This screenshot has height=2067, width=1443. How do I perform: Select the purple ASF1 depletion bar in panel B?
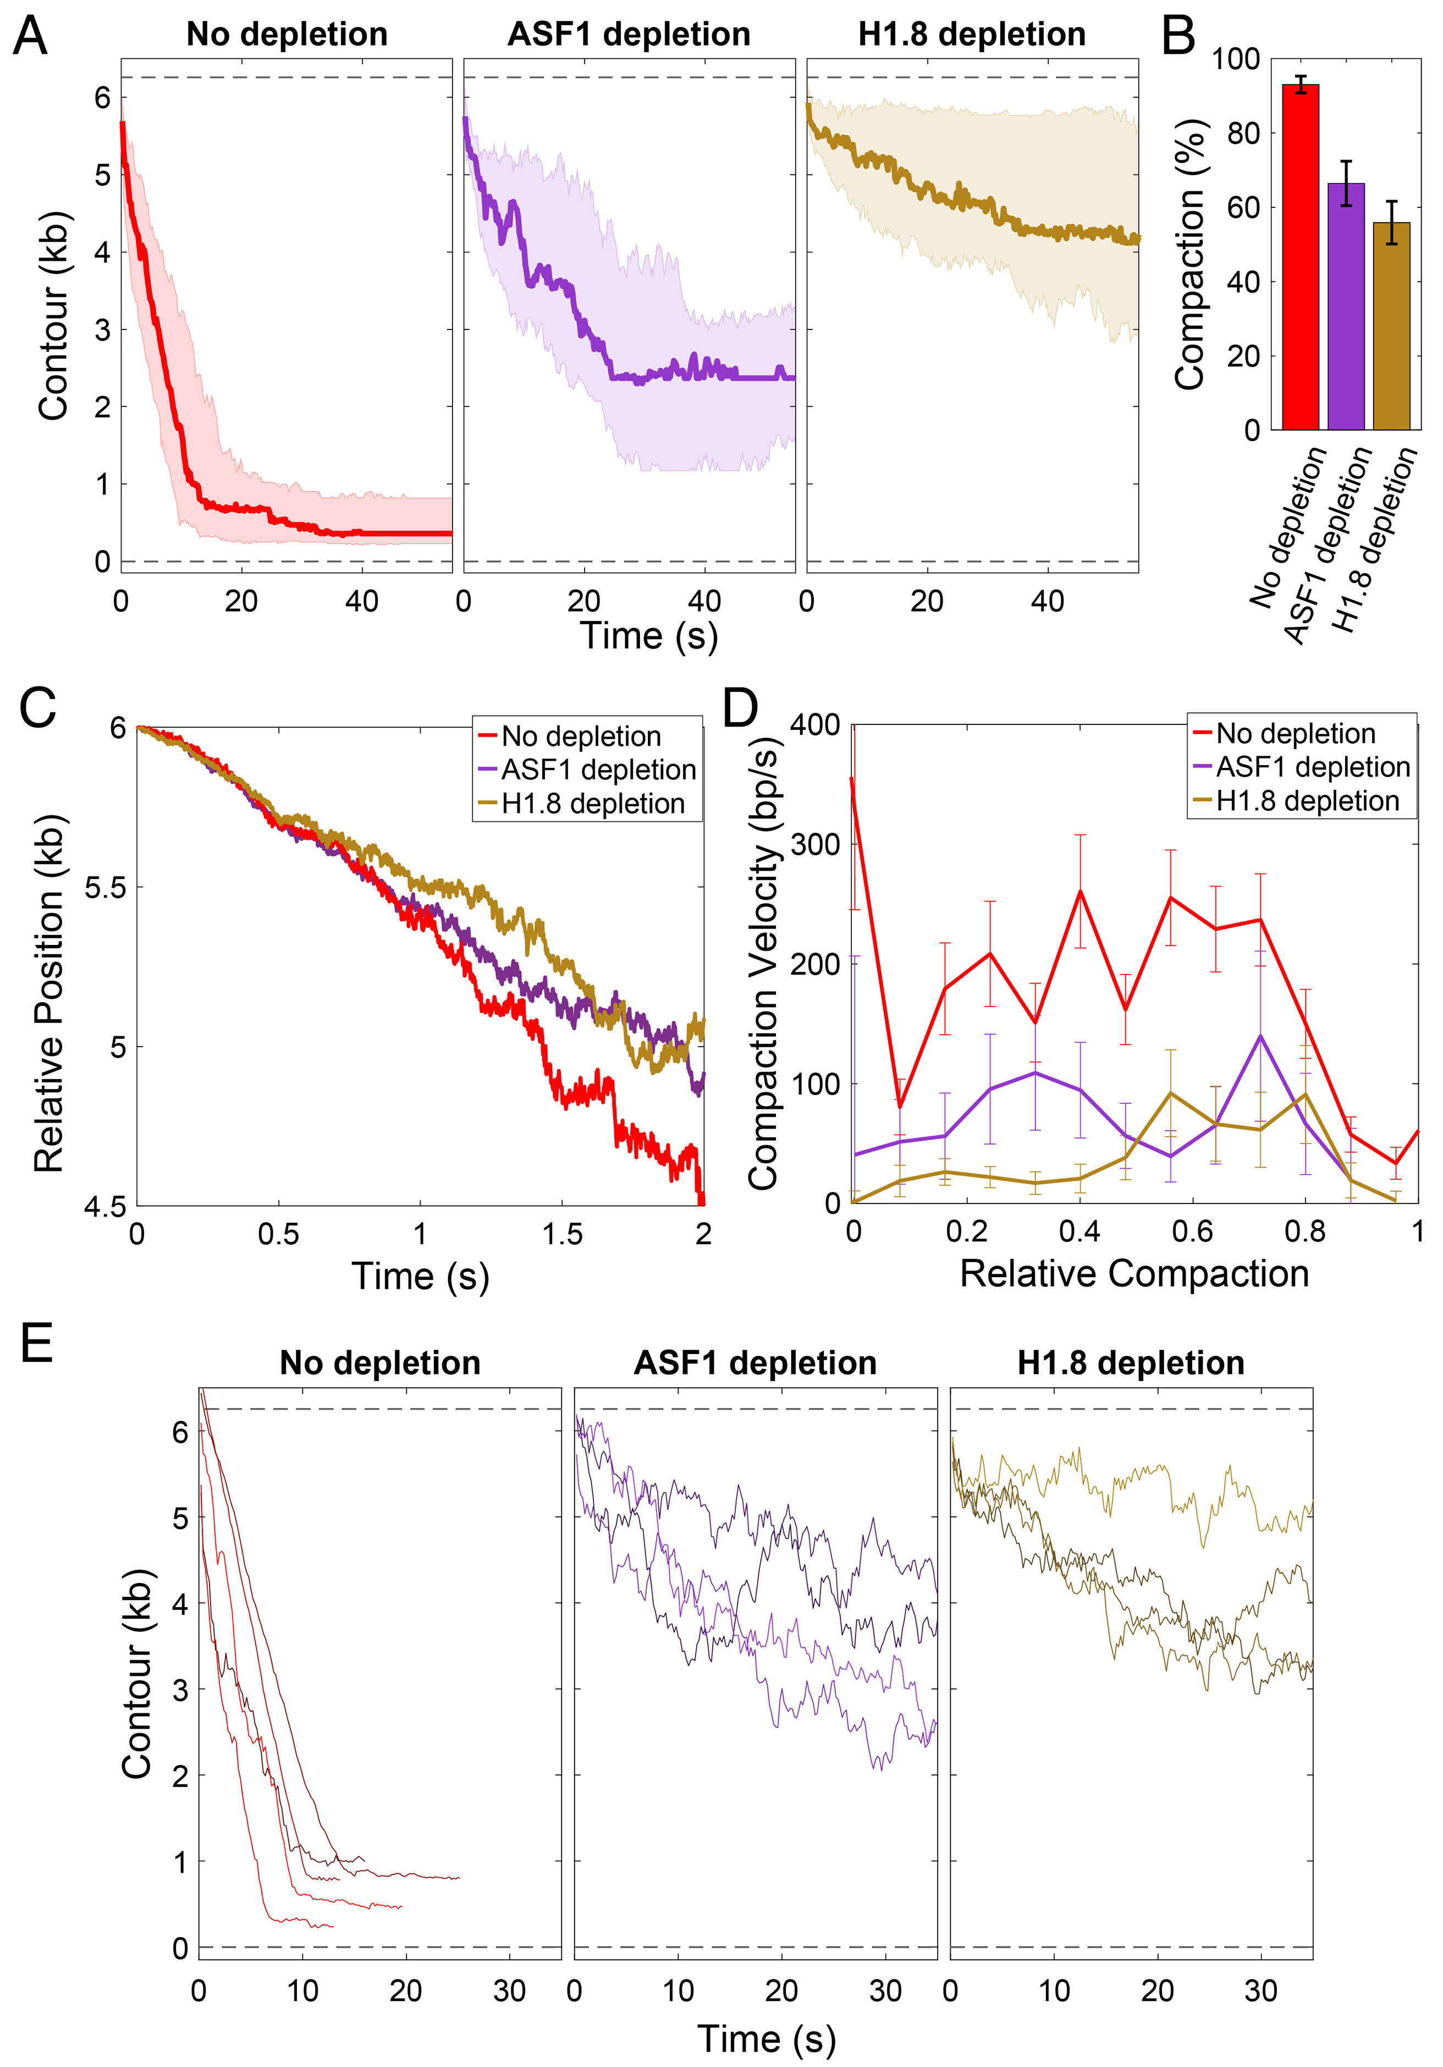click(x=1346, y=306)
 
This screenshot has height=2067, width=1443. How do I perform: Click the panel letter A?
click(x=31, y=38)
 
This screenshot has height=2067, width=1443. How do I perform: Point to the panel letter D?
click(x=740, y=708)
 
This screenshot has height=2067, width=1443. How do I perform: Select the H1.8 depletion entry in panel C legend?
click(x=592, y=803)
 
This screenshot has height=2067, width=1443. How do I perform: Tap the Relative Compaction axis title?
click(x=1134, y=1274)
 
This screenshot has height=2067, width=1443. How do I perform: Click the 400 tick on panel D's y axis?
click(x=814, y=725)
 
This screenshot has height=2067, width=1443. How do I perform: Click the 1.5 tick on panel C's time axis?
click(x=561, y=1233)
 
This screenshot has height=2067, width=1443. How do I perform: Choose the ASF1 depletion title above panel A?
click(x=629, y=34)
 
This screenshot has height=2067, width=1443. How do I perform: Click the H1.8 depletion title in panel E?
click(x=1131, y=1363)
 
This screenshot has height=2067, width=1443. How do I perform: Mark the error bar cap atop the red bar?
click(x=1300, y=76)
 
